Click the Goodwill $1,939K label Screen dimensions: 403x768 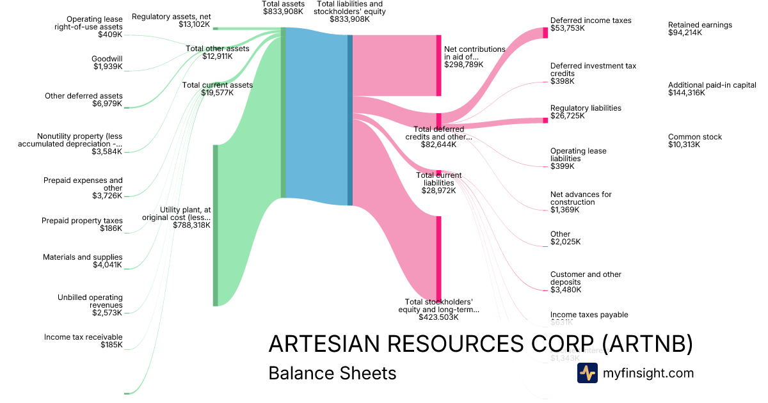point(107,63)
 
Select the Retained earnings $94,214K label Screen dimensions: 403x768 point(700,29)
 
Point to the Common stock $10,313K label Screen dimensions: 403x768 point(694,141)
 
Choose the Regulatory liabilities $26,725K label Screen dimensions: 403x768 point(585,112)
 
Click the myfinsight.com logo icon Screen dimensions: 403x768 point(587,373)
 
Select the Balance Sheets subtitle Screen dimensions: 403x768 point(332,373)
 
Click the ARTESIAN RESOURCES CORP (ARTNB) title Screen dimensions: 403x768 point(480,344)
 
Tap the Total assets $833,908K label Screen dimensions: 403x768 point(283,8)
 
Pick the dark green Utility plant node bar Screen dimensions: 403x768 point(215,225)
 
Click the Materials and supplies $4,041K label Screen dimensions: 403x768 point(83,261)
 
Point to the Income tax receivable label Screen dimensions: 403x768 point(83,341)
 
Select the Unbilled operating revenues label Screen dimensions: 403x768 point(90,305)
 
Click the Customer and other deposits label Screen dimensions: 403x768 point(585,282)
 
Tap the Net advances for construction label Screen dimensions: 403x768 point(580,201)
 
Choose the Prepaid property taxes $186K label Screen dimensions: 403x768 point(82,225)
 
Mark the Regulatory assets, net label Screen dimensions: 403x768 point(171,20)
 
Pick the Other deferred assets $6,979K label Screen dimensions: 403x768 point(83,100)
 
